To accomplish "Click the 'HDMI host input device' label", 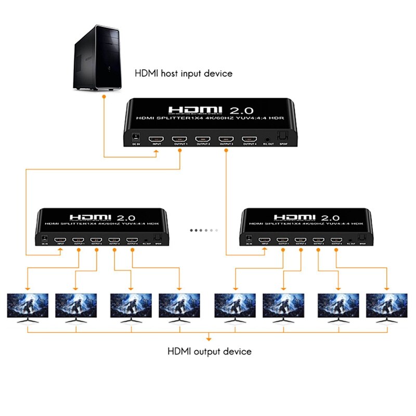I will [x=184, y=73].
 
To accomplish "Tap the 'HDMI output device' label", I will [x=209, y=352].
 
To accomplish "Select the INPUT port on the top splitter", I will [x=155, y=139].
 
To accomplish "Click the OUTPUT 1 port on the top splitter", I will [x=179, y=139].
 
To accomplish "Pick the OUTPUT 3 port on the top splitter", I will [x=226, y=139].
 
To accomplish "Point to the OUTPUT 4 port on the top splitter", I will [x=249, y=139].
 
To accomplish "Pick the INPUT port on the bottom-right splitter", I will [x=266, y=240].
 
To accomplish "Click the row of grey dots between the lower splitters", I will [x=204, y=230].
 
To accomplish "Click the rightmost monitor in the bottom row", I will [x=386, y=307].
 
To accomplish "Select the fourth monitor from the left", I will [x=179, y=307].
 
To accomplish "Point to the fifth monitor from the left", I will [x=235, y=307].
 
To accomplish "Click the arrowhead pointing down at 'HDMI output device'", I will [x=209, y=339].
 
